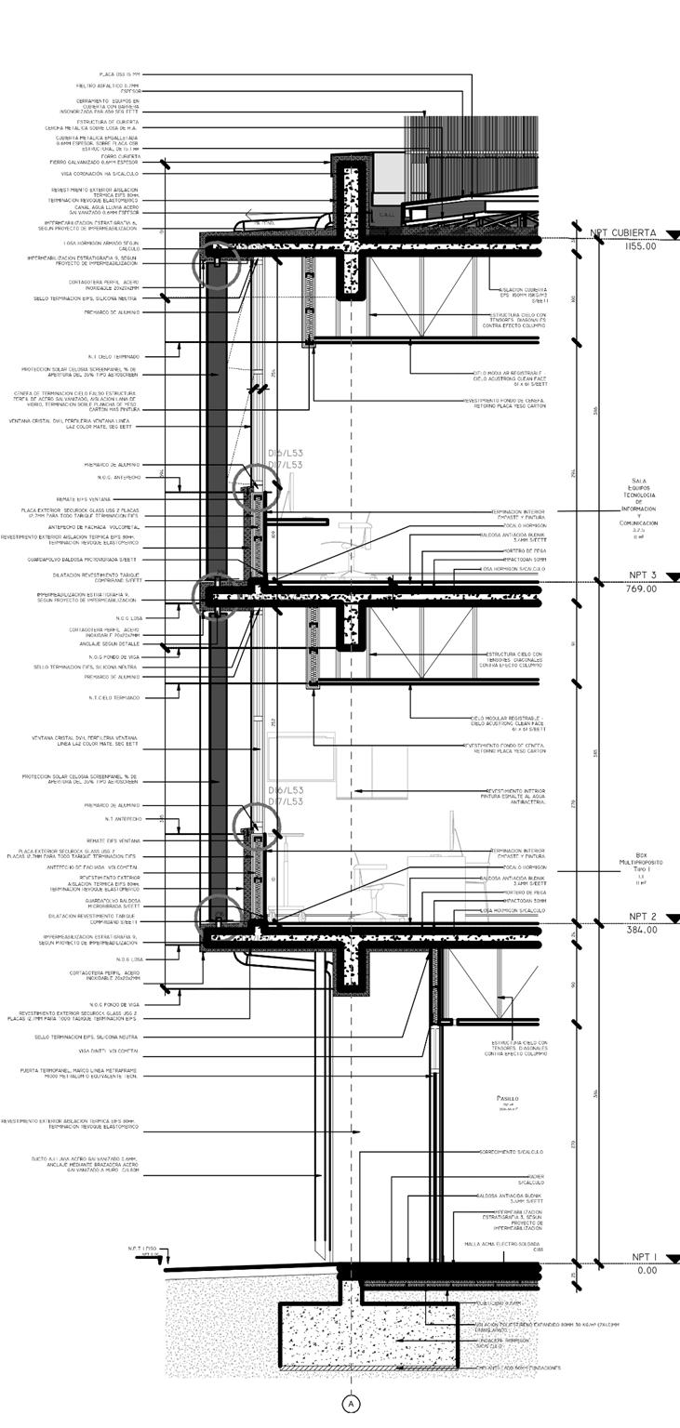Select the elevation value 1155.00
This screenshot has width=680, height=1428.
pos(642,246)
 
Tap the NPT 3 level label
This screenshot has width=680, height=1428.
pos(643,575)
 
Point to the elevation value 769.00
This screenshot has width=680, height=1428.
pos(642,588)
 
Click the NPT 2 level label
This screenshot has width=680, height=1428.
pos(643,917)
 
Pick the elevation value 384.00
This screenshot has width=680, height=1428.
pos(642,930)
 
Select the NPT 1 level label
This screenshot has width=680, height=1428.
pos(644,1257)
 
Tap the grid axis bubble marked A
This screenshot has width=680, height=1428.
pos(352,1404)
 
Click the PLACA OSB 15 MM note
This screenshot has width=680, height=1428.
pos(121,73)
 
